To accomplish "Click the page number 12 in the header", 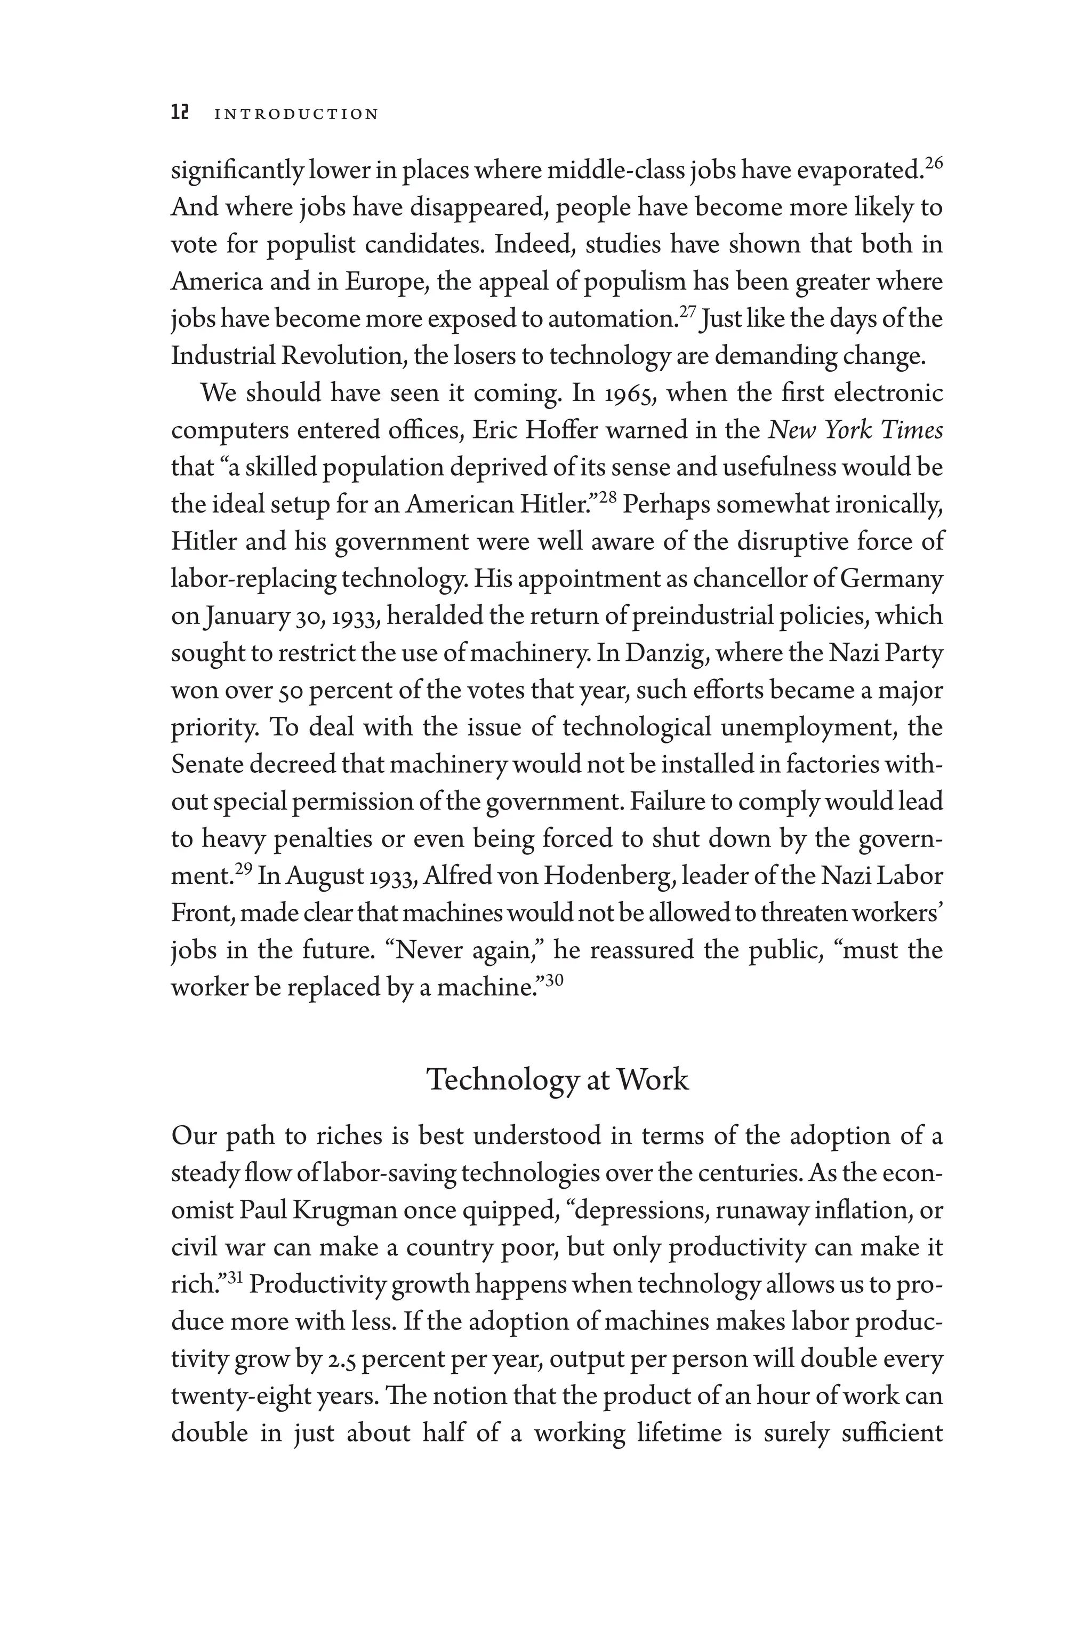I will pos(180,113).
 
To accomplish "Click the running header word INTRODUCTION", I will pos(296,114).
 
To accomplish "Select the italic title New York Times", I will pos(855,430).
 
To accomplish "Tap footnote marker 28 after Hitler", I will pos(607,498).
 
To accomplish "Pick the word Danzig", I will pos(667,653).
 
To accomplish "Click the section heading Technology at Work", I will pos(557,1080).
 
